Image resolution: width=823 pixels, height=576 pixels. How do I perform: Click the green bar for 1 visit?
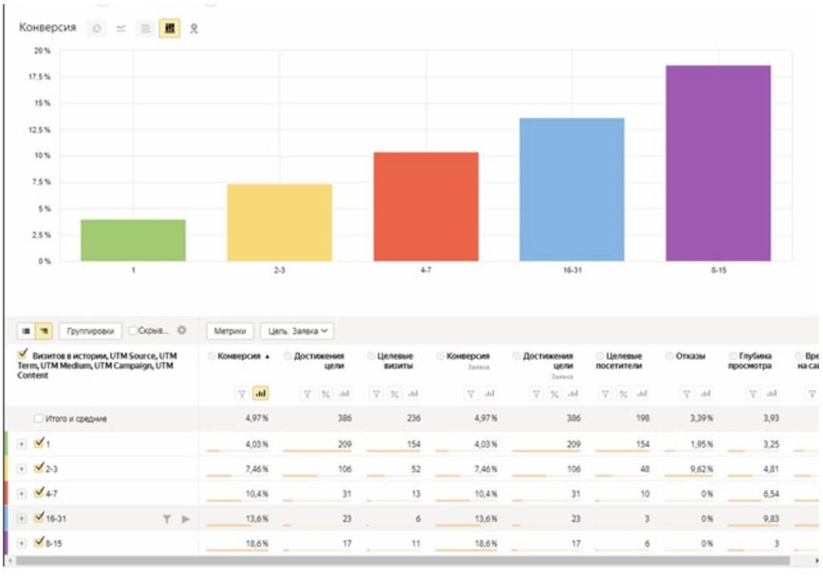pos(133,240)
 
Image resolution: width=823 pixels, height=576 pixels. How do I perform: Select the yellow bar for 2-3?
pos(280,223)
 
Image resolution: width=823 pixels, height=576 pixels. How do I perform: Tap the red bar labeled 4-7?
pos(426,207)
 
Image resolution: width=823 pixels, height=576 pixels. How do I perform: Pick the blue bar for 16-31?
pos(572,189)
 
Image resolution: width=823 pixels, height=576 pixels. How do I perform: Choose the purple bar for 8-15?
pos(718,163)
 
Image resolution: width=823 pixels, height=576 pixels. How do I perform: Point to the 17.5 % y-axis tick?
pos(40,77)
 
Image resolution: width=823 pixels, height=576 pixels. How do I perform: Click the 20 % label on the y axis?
pos(42,51)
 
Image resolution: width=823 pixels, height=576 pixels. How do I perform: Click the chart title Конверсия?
pos(47,28)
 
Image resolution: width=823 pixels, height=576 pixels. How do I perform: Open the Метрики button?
pos(230,331)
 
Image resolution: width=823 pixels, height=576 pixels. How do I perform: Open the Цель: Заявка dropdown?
pos(297,331)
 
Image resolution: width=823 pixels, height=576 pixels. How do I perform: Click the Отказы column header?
pos(691,356)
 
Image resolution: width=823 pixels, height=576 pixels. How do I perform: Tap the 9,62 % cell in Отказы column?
pos(699,468)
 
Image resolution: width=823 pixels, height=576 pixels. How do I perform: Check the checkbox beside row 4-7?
pos(40,493)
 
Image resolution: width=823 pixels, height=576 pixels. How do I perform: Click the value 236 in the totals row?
pos(404,418)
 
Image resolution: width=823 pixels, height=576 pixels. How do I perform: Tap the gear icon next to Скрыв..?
pos(181,330)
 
